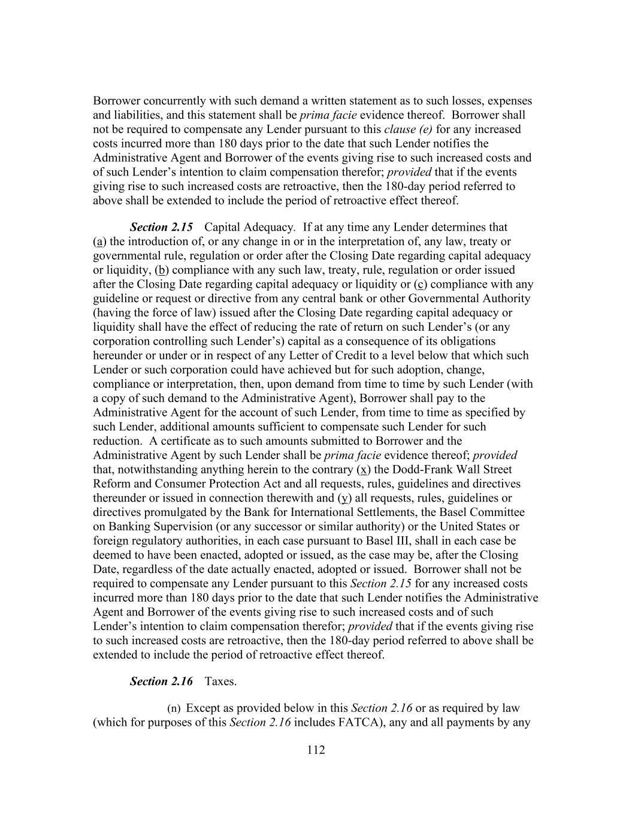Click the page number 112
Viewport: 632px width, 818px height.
(316, 750)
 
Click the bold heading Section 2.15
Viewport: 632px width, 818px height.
(161, 227)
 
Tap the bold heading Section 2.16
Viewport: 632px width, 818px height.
(161, 681)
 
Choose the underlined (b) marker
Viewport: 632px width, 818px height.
(162, 270)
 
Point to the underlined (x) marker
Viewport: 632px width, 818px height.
(363, 470)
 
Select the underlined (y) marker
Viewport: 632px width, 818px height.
(344, 498)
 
